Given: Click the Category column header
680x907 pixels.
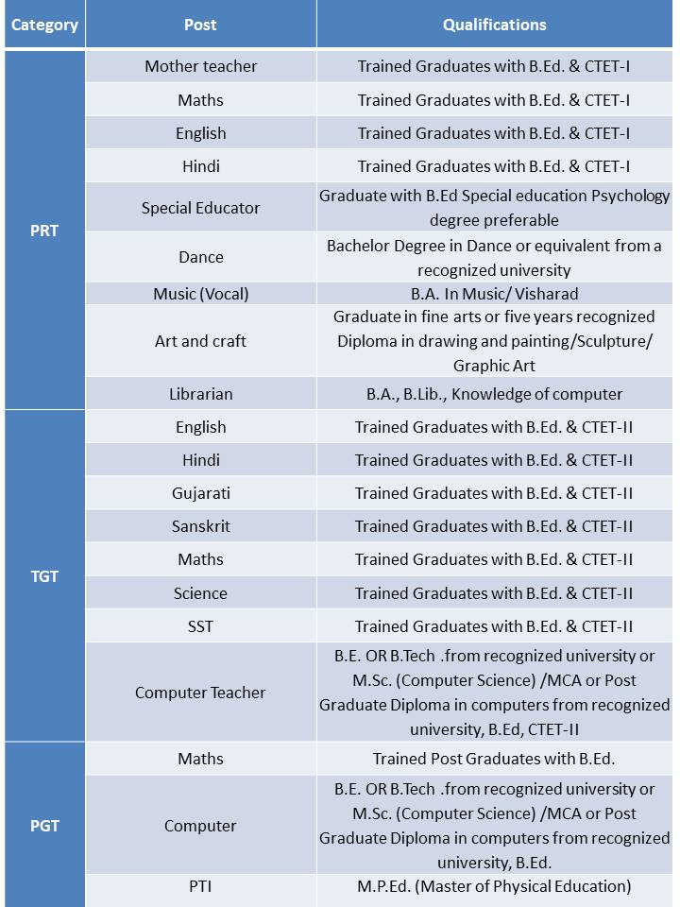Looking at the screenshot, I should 44,25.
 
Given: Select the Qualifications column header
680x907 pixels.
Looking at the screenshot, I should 494,25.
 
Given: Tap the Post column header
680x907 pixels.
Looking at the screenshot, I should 200,25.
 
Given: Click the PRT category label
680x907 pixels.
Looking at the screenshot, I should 44,230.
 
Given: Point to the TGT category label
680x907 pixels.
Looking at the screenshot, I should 44,575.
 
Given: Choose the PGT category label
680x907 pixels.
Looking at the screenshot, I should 44,825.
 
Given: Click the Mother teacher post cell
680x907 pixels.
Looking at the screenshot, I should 200,66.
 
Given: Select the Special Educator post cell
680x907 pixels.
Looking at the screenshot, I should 200,208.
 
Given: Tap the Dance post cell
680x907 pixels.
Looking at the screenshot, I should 200,257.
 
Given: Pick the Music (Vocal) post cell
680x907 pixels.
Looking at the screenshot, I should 200,294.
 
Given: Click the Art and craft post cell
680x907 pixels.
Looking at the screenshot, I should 200,341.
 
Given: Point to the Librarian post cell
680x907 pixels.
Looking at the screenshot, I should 200,394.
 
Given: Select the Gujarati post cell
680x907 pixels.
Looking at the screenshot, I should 200,493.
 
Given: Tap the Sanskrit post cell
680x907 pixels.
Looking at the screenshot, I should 200,526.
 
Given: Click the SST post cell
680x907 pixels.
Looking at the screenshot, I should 200,626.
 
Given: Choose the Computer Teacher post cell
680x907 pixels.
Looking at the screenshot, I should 200,693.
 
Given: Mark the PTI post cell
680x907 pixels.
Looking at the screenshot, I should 200,886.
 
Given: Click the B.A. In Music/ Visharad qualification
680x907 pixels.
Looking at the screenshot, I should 494,294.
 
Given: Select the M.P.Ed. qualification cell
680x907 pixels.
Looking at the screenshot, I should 494,886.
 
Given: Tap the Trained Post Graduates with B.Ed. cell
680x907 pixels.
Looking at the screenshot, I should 494,759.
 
